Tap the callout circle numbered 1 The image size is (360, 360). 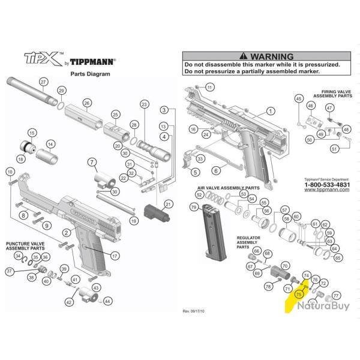pos(270,111)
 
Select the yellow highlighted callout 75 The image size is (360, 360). pos(298,294)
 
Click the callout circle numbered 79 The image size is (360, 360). pos(193,207)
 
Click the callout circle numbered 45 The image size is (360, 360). pos(298,98)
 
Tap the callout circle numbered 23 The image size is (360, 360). pos(143,105)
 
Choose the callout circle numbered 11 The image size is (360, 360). pos(209,88)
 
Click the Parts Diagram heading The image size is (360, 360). pos(91,73)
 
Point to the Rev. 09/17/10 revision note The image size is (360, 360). pos(194,312)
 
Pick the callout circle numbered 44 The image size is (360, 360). pos(107,301)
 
